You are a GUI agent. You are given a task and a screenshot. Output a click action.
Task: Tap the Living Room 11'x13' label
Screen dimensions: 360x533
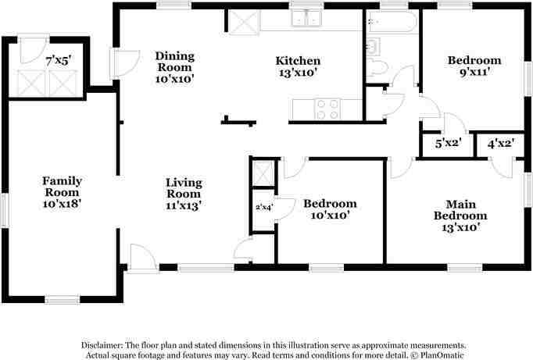pyautogui.click(x=184, y=194)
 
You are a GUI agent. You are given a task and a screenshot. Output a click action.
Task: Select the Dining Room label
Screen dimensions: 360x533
pyautogui.click(x=174, y=66)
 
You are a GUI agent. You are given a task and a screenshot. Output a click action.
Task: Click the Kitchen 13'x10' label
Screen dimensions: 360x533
pyautogui.click(x=298, y=66)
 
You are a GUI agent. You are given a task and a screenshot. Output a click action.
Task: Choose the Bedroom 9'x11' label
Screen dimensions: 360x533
pyautogui.click(x=474, y=66)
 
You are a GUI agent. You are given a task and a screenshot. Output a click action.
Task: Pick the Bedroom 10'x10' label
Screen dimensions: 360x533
pyautogui.click(x=330, y=209)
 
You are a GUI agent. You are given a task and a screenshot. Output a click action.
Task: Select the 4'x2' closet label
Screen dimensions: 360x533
pyautogui.click(x=500, y=144)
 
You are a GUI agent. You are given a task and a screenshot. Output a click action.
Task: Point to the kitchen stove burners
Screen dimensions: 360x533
pyautogui.click(x=327, y=109)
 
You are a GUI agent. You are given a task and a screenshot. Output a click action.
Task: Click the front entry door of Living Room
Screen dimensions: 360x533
pyautogui.click(x=142, y=258)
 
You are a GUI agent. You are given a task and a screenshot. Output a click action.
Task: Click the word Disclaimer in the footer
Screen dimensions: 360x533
pyautogui.click(x=105, y=344)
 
